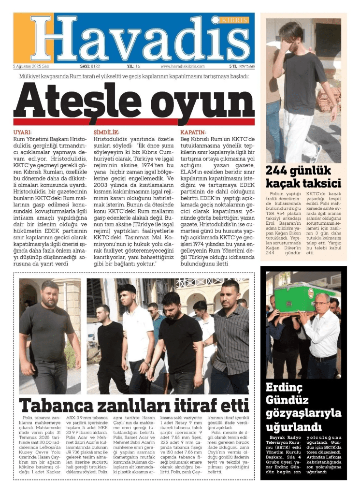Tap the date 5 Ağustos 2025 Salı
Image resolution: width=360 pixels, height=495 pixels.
32,67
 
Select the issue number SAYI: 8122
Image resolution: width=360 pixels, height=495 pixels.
90,67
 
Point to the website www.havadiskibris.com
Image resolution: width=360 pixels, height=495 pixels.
182,67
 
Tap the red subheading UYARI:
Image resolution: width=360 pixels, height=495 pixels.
22,132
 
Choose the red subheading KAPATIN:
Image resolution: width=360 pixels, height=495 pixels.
193,132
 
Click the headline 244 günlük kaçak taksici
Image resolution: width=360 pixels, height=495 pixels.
303,177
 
